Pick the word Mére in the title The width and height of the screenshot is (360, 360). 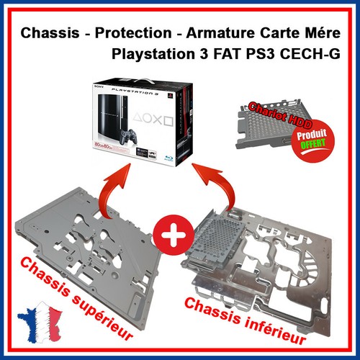tap(323, 33)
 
